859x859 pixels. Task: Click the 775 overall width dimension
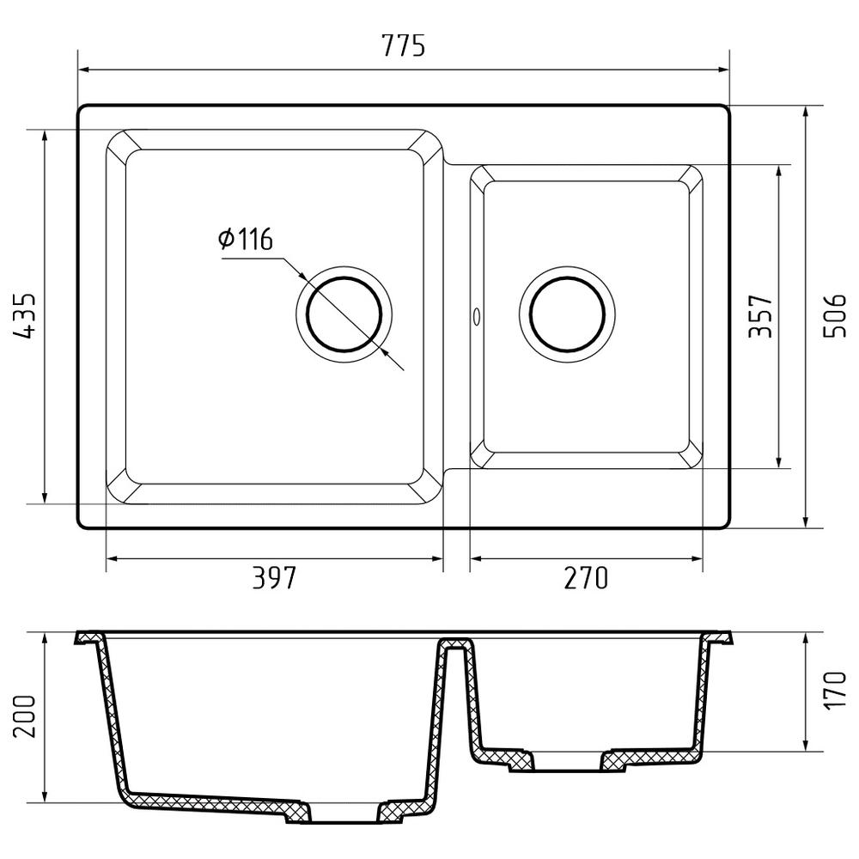404,46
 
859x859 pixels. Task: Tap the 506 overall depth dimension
835,316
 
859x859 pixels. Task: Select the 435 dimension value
23,316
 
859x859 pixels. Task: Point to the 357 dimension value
760,316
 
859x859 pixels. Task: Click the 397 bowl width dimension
274,577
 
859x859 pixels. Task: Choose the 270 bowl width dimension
586,577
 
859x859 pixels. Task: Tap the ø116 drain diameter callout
245,239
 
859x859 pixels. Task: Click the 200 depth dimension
23,716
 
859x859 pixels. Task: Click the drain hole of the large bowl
344,314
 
